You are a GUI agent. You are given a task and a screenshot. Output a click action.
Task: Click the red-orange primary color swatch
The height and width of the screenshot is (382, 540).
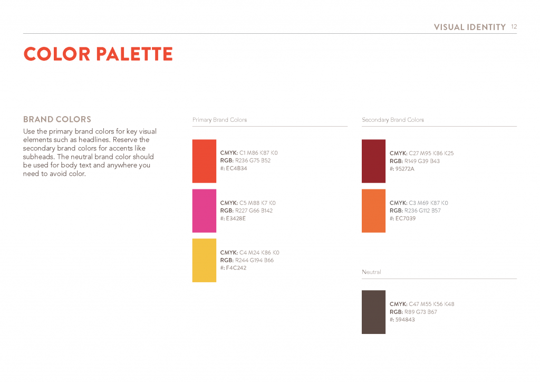pyautogui.click(x=204, y=161)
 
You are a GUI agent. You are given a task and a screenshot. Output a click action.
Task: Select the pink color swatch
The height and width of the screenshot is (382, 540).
pyautogui.click(x=204, y=211)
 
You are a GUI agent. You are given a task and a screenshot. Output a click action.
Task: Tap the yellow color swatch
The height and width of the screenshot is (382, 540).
pyautogui.click(x=204, y=261)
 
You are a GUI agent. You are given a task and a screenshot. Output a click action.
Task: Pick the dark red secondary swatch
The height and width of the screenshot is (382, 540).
pyautogui.click(x=374, y=161)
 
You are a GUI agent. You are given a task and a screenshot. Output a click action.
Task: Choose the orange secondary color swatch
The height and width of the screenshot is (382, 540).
pyautogui.click(x=374, y=211)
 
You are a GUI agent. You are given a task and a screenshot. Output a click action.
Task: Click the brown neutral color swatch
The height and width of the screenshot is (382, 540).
pyautogui.click(x=374, y=312)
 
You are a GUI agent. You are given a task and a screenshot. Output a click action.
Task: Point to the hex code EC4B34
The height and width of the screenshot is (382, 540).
pyautogui.click(x=237, y=168)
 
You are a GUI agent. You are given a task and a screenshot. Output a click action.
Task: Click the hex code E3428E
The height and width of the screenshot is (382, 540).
pyautogui.click(x=236, y=218)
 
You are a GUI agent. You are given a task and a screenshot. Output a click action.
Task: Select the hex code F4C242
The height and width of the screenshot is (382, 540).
pyautogui.click(x=236, y=268)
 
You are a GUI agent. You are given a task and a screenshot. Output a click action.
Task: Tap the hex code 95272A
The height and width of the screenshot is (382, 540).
pyautogui.click(x=405, y=169)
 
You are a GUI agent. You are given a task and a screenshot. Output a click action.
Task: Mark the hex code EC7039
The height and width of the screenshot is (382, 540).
pyautogui.click(x=406, y=218)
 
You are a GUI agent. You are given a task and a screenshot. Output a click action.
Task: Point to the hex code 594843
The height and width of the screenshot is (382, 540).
pyautogui.click(x=406, y=320)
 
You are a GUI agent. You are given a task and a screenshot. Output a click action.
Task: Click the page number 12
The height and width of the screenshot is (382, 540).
pyautogui.click(x=514, y=26)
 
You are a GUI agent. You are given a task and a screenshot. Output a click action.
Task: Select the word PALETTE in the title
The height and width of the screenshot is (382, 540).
pyautogui.click(x=134, y=54)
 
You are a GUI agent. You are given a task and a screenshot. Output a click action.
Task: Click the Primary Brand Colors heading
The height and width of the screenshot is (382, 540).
pyautogui.click(x=220, y=120)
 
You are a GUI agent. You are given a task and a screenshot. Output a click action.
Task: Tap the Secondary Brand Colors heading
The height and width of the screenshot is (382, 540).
pyautogui.click(x=393, y=120)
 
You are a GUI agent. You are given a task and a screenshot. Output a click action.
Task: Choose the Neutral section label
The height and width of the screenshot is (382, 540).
pyautogui.click(x=372, y=272)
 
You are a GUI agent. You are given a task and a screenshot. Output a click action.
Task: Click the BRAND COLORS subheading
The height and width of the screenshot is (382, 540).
pyautogui.click(x=57, y=119)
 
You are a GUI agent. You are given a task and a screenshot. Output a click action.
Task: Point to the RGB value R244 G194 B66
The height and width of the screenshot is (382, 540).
pyautogui.click(x=255, y=261)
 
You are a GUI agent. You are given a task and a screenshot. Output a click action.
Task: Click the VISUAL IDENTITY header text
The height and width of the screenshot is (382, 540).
pyautogui.click(x=470, y=27)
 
